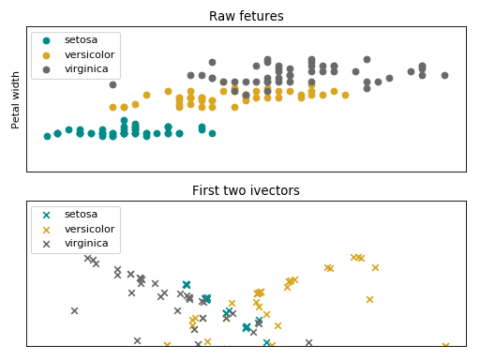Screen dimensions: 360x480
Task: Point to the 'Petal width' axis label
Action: tap(16, 99)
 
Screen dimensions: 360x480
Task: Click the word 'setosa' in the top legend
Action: tap(81, 39)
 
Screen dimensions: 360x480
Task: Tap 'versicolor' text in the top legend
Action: tap(89, 54)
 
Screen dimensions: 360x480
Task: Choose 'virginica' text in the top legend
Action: tap(86, 68)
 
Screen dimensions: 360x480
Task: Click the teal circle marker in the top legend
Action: tap(47, 40)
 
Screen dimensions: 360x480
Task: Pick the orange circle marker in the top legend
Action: tap(47, 54)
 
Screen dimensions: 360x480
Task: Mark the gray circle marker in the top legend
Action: tap(47, 69)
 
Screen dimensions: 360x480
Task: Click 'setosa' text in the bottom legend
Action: tap(81, 214)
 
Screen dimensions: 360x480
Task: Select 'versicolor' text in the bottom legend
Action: tap(89, 229)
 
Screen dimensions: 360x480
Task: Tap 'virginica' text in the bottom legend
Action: tap(86, 243)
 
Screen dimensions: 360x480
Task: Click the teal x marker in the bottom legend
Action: tap(47, 215)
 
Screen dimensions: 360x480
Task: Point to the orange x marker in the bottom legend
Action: tap(47, 229)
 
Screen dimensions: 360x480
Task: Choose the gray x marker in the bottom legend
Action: tap(47, 244)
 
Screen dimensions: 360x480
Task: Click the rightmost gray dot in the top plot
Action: tap(444, 75)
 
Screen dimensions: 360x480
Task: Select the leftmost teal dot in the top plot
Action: tap(47, 136)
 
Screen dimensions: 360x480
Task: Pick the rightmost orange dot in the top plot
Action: tap(345, 95)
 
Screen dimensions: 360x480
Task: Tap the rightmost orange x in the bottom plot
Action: tap(445, 345)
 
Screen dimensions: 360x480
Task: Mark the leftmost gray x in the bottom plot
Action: tap(74, 310)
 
